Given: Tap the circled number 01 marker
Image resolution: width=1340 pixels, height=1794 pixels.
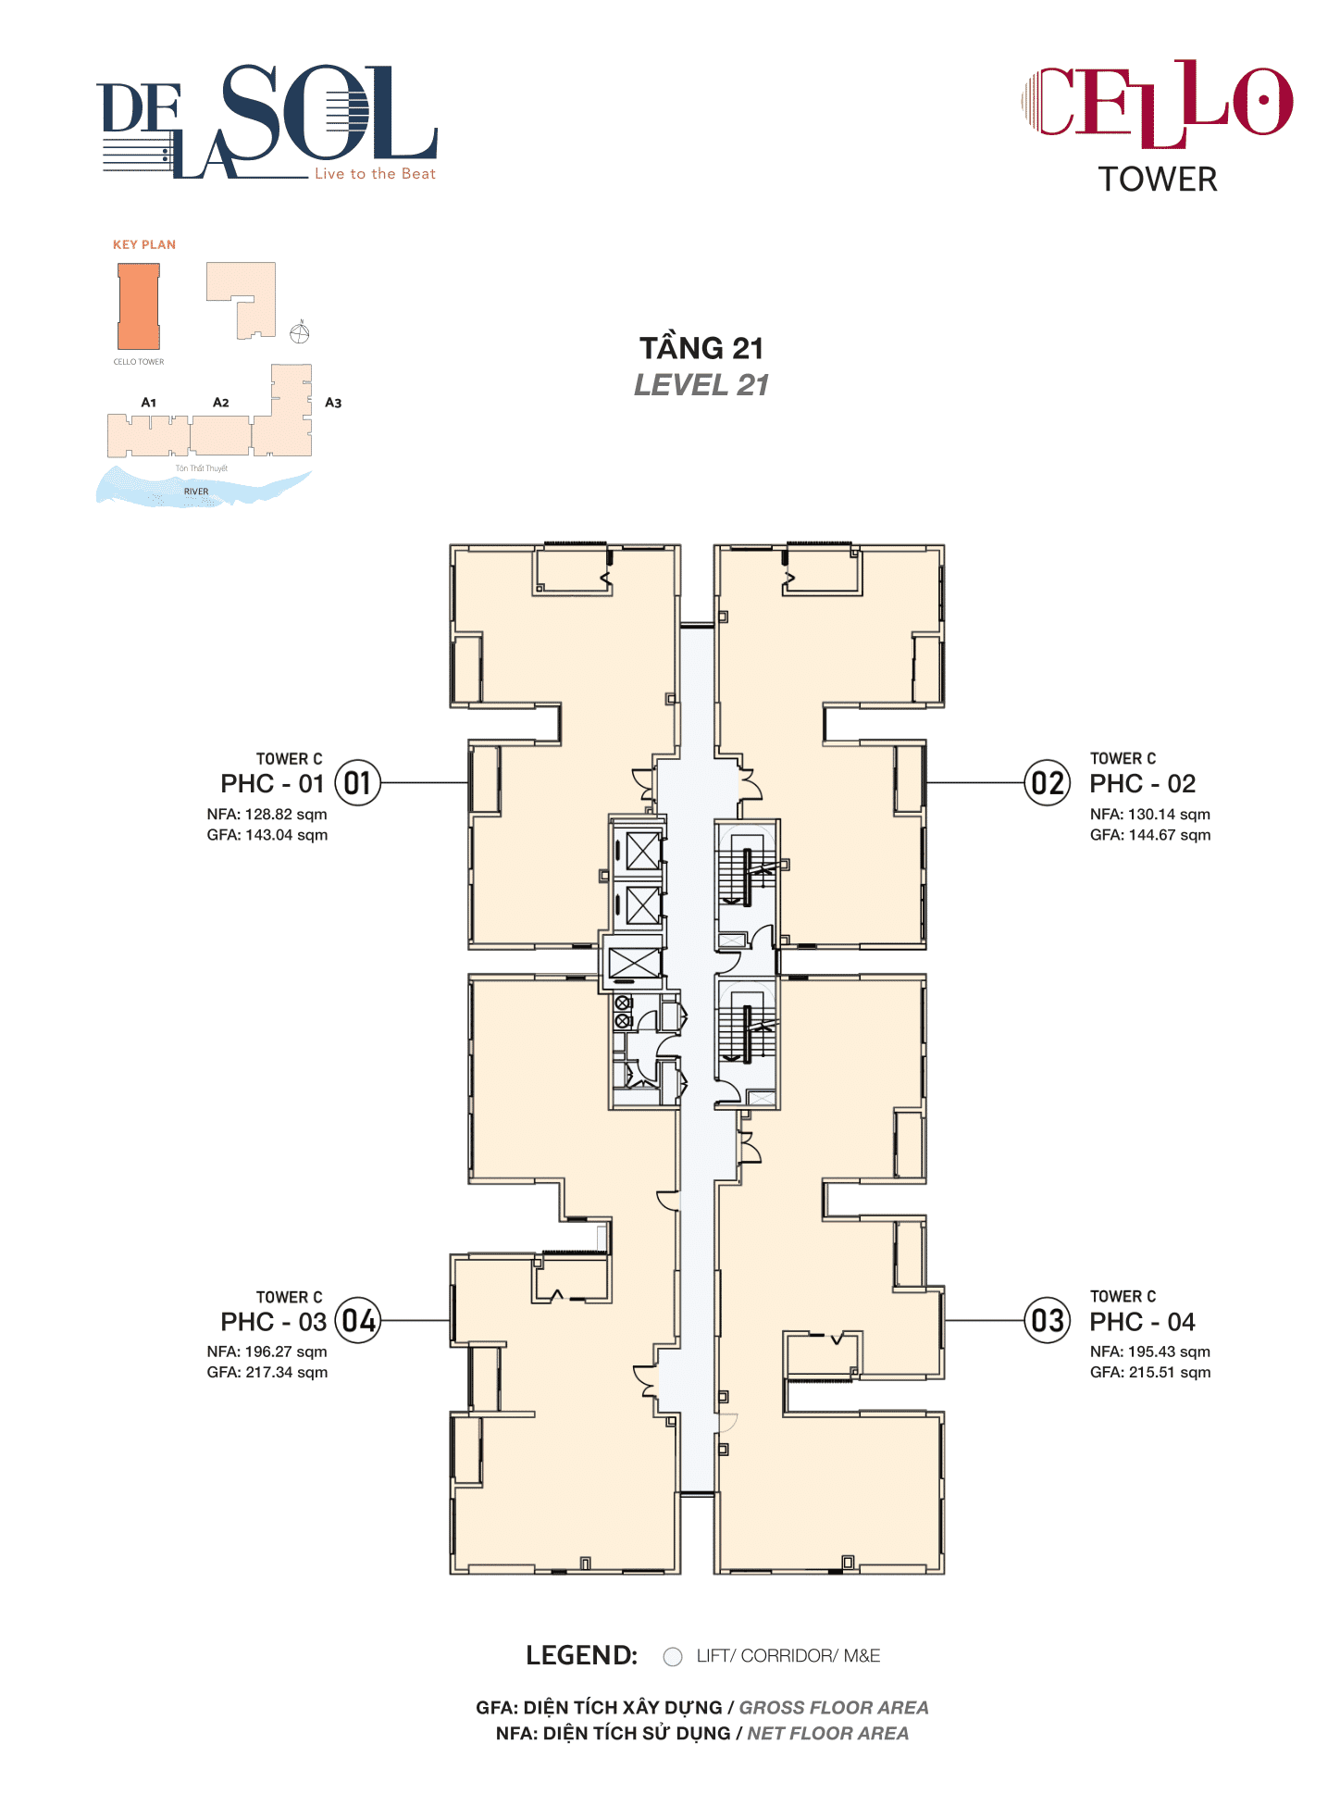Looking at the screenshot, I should [x=357, y=783].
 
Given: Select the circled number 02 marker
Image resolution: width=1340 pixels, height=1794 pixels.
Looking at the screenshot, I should [x=1048, y=783].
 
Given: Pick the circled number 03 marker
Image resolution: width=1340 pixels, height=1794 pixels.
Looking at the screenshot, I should [x=1048, y=1321].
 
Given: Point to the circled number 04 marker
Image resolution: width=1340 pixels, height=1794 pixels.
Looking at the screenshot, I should [x=357, y=1321].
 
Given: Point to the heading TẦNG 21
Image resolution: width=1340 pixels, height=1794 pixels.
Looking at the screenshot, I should [x=701, y=349].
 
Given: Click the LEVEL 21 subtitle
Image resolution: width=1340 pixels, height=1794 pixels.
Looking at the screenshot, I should [x=701, y=385].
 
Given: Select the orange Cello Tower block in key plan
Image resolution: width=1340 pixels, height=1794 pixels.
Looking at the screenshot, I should [x=139, y=306].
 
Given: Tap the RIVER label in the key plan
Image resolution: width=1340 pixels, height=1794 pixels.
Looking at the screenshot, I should [x=196, y=492].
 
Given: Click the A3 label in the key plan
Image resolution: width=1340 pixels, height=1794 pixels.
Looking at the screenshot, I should [x=333, y=403].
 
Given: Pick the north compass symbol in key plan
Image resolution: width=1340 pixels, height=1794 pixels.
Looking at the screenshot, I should [x=300, y=333].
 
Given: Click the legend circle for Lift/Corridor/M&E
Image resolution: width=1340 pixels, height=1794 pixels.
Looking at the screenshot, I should [x=673, y=1656].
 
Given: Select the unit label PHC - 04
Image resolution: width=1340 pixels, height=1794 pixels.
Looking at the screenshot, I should [x=1142, y=1322].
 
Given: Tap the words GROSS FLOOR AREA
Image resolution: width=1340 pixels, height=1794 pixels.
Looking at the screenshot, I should [x=833, y=1708].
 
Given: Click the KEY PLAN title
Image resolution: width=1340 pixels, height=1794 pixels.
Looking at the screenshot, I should [x=144, y=245].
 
